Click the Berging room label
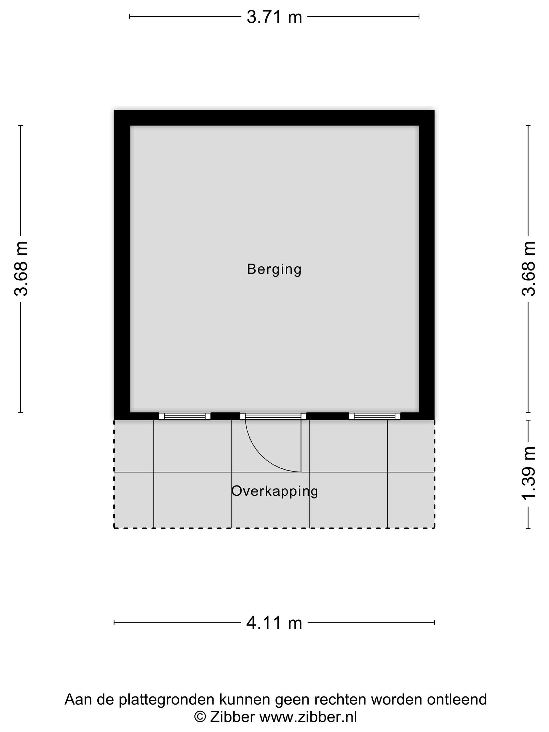tap(274, 269)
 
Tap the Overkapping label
tap(274, 491)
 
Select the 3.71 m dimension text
tap(274, 17)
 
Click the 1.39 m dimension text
tap(528, 474)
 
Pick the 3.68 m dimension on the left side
tap(21, 269)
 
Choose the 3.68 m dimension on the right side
tap(528, 269)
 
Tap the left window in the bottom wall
tap(185, 416)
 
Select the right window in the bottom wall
tap(375, 416)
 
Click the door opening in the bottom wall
tap(273, 416)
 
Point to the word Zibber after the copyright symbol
tap(232, 717)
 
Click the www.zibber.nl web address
tap(308, 717)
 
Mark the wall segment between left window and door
tap(225, 416)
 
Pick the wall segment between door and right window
tap(328, 416)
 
